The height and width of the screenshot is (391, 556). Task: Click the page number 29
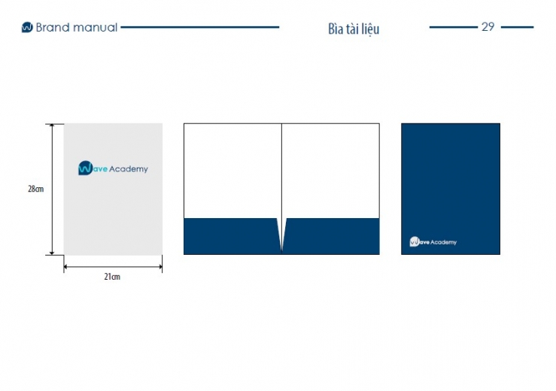click(488, 26)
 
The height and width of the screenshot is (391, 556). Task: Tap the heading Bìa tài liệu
click(354, 29)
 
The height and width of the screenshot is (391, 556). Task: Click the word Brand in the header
click(53, 27)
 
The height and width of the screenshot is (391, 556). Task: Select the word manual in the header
click(95, 27)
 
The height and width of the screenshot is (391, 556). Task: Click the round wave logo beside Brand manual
click(27, 27)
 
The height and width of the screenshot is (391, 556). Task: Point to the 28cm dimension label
click(36, 189)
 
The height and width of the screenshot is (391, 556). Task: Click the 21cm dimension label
click(112, 277)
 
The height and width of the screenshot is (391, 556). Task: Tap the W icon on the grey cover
click(86, 168)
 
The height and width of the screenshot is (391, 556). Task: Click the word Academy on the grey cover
click(129, 169)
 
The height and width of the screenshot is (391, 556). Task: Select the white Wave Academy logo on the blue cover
click(433, 241)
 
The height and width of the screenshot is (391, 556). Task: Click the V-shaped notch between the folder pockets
click(281, 235)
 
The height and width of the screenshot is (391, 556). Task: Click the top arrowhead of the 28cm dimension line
click(52, 126)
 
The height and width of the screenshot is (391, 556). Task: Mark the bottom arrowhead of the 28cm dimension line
click(52, 253)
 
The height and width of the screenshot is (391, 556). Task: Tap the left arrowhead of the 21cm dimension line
click(66, 267)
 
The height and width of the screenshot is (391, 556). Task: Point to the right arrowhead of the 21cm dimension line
click(160, 267)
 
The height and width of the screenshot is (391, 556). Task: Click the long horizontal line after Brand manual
click(200, 27)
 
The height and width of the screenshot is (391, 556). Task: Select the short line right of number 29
click(517, 27)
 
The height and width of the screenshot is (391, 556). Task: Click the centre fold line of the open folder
click(281, 171)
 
